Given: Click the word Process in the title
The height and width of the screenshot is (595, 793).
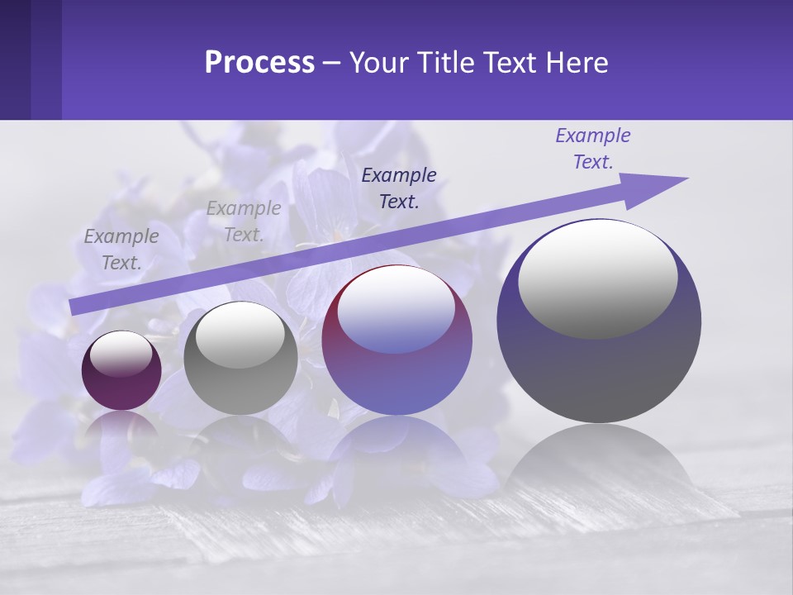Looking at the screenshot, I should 259,63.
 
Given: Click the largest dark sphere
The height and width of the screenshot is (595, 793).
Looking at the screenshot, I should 599,364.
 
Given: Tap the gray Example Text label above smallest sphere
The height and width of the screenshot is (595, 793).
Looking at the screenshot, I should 121,250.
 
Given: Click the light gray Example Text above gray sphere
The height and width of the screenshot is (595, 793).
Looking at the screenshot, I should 243,221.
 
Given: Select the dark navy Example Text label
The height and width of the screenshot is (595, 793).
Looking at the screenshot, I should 399,188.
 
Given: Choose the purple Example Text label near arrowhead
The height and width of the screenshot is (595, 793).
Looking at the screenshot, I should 592,149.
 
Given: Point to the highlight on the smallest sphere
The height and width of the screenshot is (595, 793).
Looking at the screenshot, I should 121,355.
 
